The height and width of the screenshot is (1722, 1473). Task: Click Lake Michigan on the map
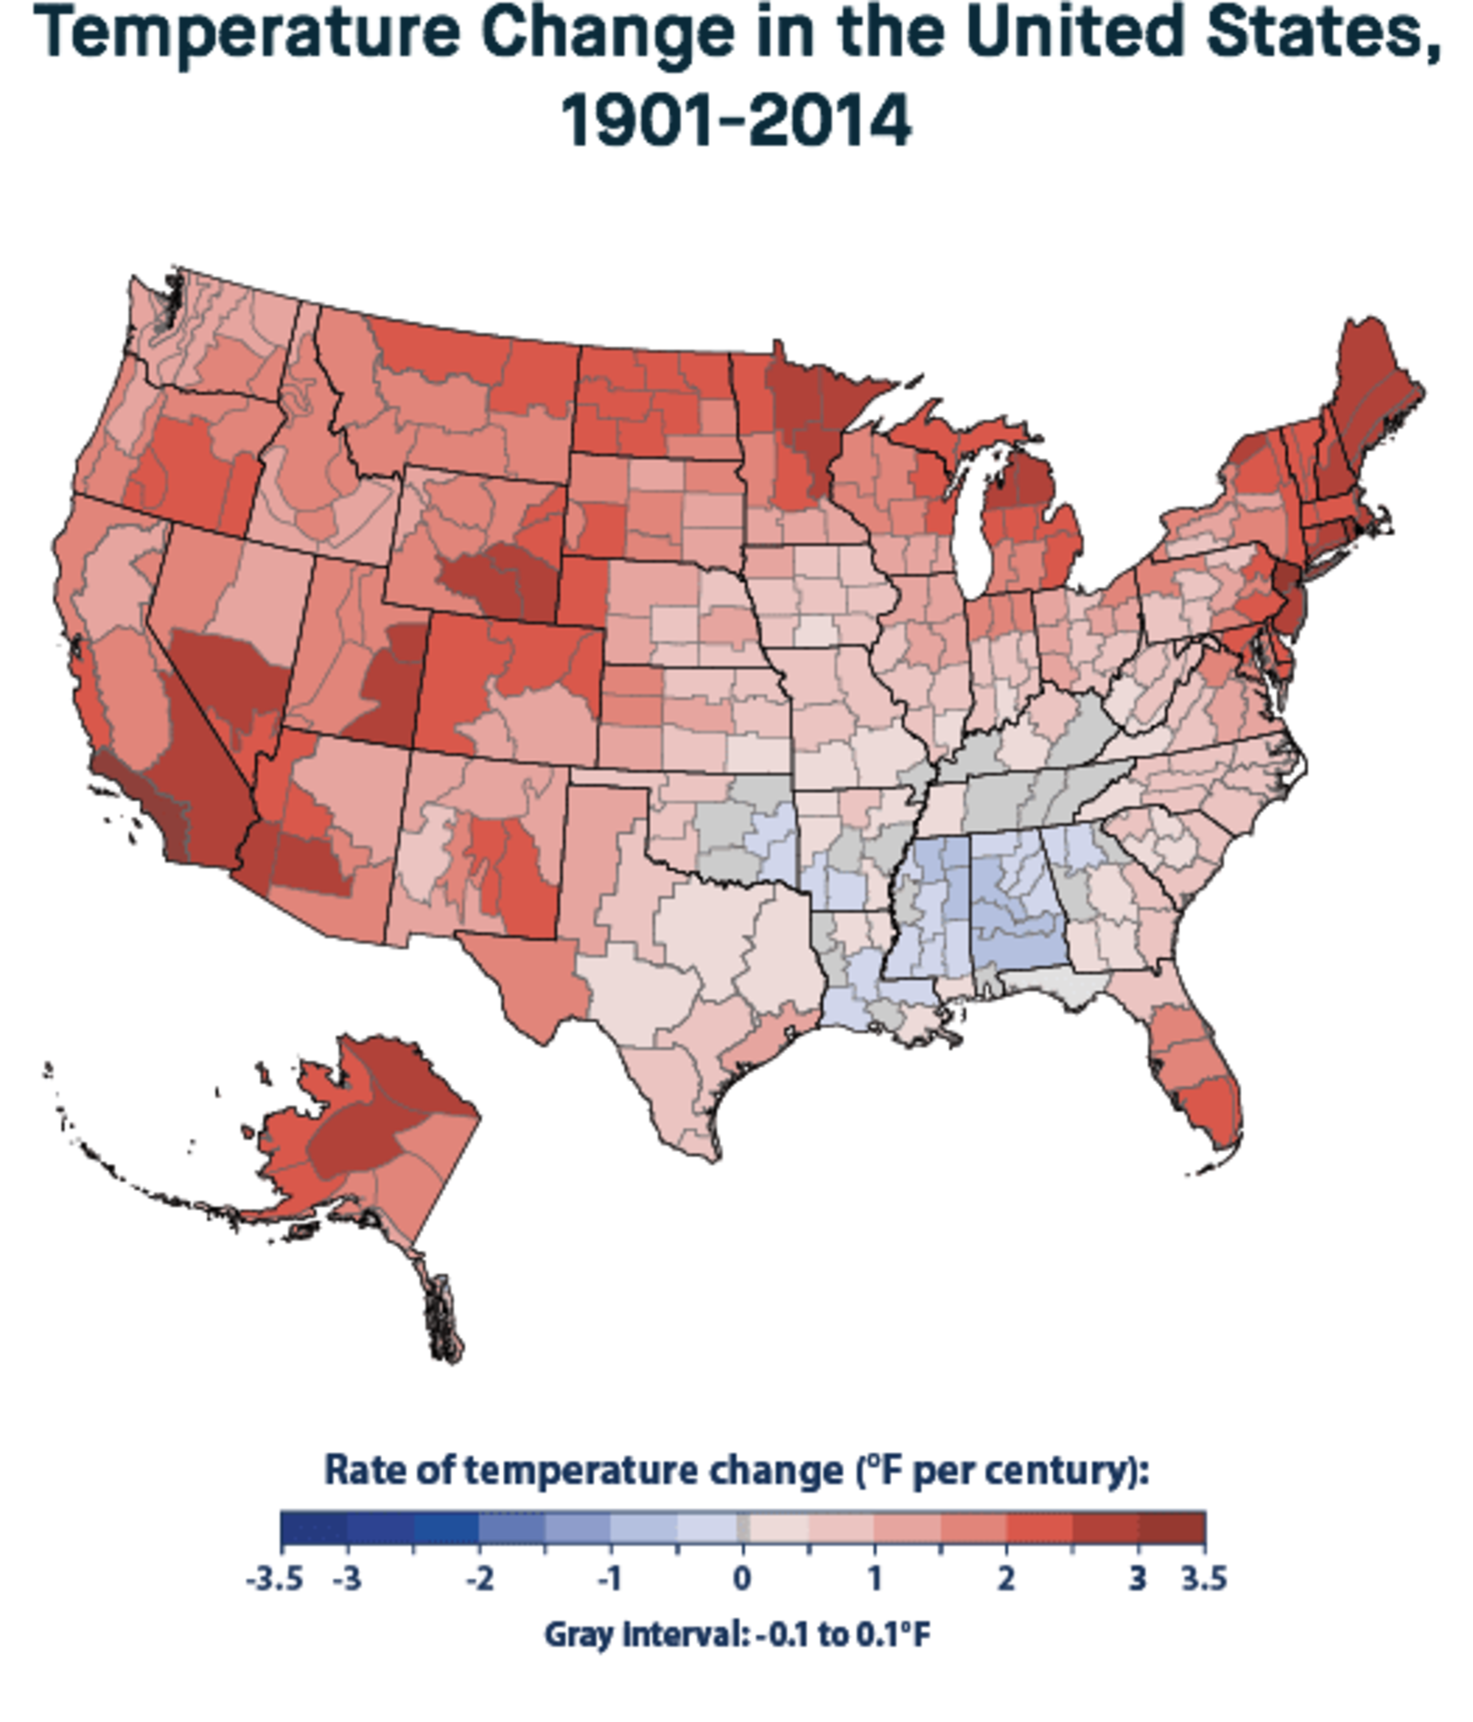coord(967,532)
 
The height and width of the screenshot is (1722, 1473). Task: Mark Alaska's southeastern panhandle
coord(441,1313)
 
